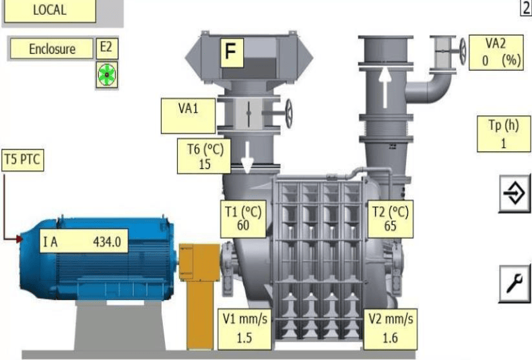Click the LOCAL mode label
coord(50,10)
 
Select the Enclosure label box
coord(52,48)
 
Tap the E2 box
coord(107,48)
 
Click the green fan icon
coord(107,75)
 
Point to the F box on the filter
coord(232,52)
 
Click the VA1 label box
coord(189,116)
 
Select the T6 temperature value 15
coord(205,164)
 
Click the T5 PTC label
coord(22,159)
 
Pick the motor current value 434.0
coord(107,242)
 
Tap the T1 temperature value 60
coord(243,225)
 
